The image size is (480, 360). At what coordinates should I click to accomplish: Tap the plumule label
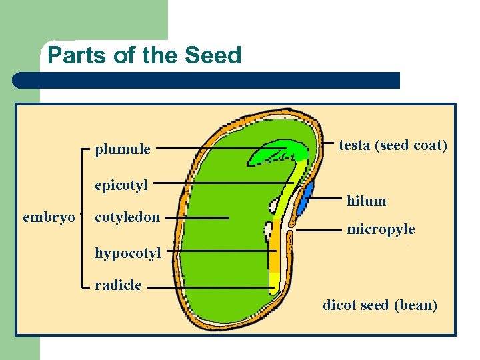(122, 149)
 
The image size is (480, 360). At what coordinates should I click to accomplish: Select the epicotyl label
(121, 185)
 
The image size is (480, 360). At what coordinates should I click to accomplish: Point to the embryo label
(49, 217)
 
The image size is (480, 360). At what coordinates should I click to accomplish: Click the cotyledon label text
(127, 217)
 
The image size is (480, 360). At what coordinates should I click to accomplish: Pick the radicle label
(118, 285)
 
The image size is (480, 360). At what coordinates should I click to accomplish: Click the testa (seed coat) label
(393, 145)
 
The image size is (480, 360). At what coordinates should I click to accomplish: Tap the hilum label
(366, 201)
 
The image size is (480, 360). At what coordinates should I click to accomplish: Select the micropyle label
(381, 229)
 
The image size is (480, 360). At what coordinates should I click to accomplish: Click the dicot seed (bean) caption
(380, 305)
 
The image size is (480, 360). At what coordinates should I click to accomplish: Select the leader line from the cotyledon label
(197, 217)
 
